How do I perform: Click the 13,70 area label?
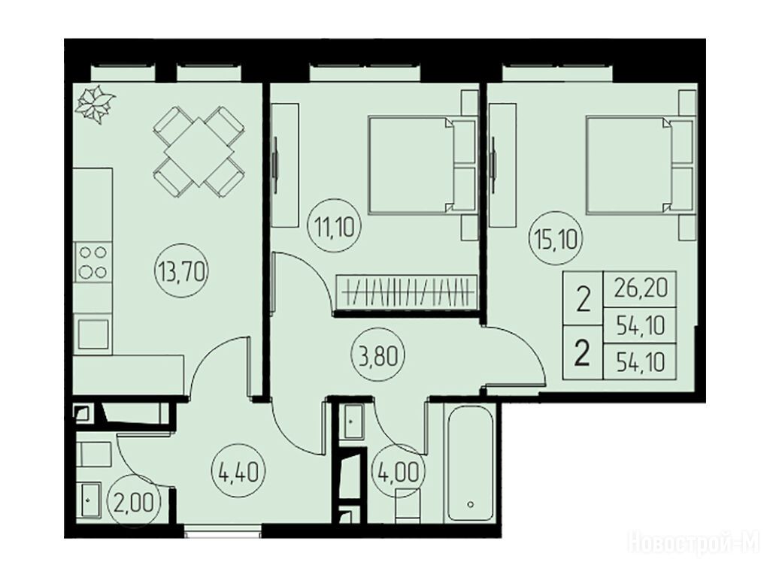click(x=182, y=270)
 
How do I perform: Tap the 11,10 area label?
click(x=335, y=227)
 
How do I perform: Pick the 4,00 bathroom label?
click(x=399, y=473)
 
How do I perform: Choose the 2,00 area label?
click(x=134, y=501)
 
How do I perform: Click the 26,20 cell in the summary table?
click(x=641, y=288)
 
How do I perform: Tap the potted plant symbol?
click(x=95, y=104)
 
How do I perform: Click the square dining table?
click(x=199, y=152)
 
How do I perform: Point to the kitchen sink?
click(x=92, y=333)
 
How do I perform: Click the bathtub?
click(x=471, y=464)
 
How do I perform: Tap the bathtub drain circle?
click(x=471, y=504)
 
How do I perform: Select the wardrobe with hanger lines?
click(x=406, y=293)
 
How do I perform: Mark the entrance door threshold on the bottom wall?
click(x=223, y=533)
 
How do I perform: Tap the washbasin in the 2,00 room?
click(x=90, y=500)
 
